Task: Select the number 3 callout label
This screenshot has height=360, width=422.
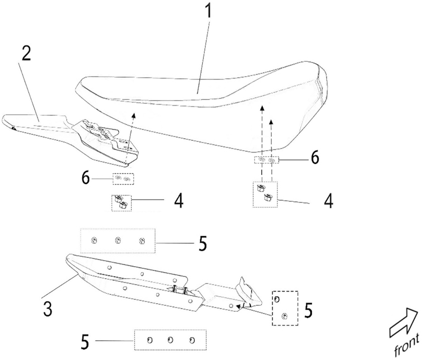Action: click(x=48, y=309)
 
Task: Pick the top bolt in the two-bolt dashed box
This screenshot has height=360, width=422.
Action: click(x=277, y=299)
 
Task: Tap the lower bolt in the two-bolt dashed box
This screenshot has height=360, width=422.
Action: click(x=283, y=316)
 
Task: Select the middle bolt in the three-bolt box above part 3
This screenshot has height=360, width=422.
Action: click(x=118, y=240)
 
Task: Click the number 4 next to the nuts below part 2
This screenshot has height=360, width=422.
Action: click(x=179, y=201)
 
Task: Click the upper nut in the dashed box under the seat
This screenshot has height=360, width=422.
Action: click(x=260, y=188)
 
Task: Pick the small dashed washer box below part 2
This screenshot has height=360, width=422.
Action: click(x=123, y=179)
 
